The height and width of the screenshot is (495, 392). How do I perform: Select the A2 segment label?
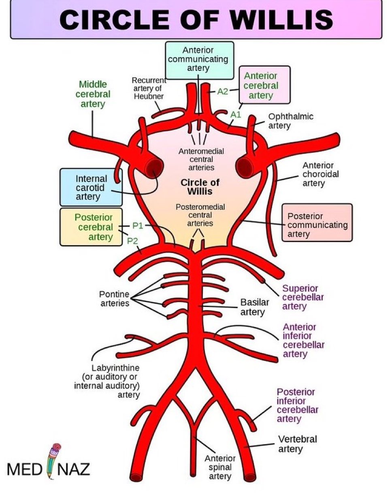pos(223,91)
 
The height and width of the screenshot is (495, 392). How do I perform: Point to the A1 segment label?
pos(236,115)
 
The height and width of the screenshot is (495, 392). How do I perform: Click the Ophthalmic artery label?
pos(291,121)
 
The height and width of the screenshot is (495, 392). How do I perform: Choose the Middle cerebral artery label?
pos(93,94)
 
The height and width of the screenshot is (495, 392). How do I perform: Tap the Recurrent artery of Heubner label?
pos(148,88)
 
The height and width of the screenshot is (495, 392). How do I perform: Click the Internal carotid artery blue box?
pos(91,187)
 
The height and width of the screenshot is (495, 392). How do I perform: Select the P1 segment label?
pos(138,226)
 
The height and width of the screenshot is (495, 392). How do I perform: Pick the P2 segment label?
pos(132,241)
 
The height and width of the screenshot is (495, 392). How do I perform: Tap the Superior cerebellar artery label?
pos(303,297)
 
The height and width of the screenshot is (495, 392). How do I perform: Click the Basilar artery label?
pos(255,307)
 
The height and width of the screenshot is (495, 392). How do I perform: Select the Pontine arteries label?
pos(115,298)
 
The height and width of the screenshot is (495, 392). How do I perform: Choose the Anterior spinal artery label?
pos(219,467)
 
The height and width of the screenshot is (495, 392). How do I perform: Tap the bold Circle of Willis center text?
pos(200,186)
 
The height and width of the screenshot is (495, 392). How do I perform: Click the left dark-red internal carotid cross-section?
pos(154,166)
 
